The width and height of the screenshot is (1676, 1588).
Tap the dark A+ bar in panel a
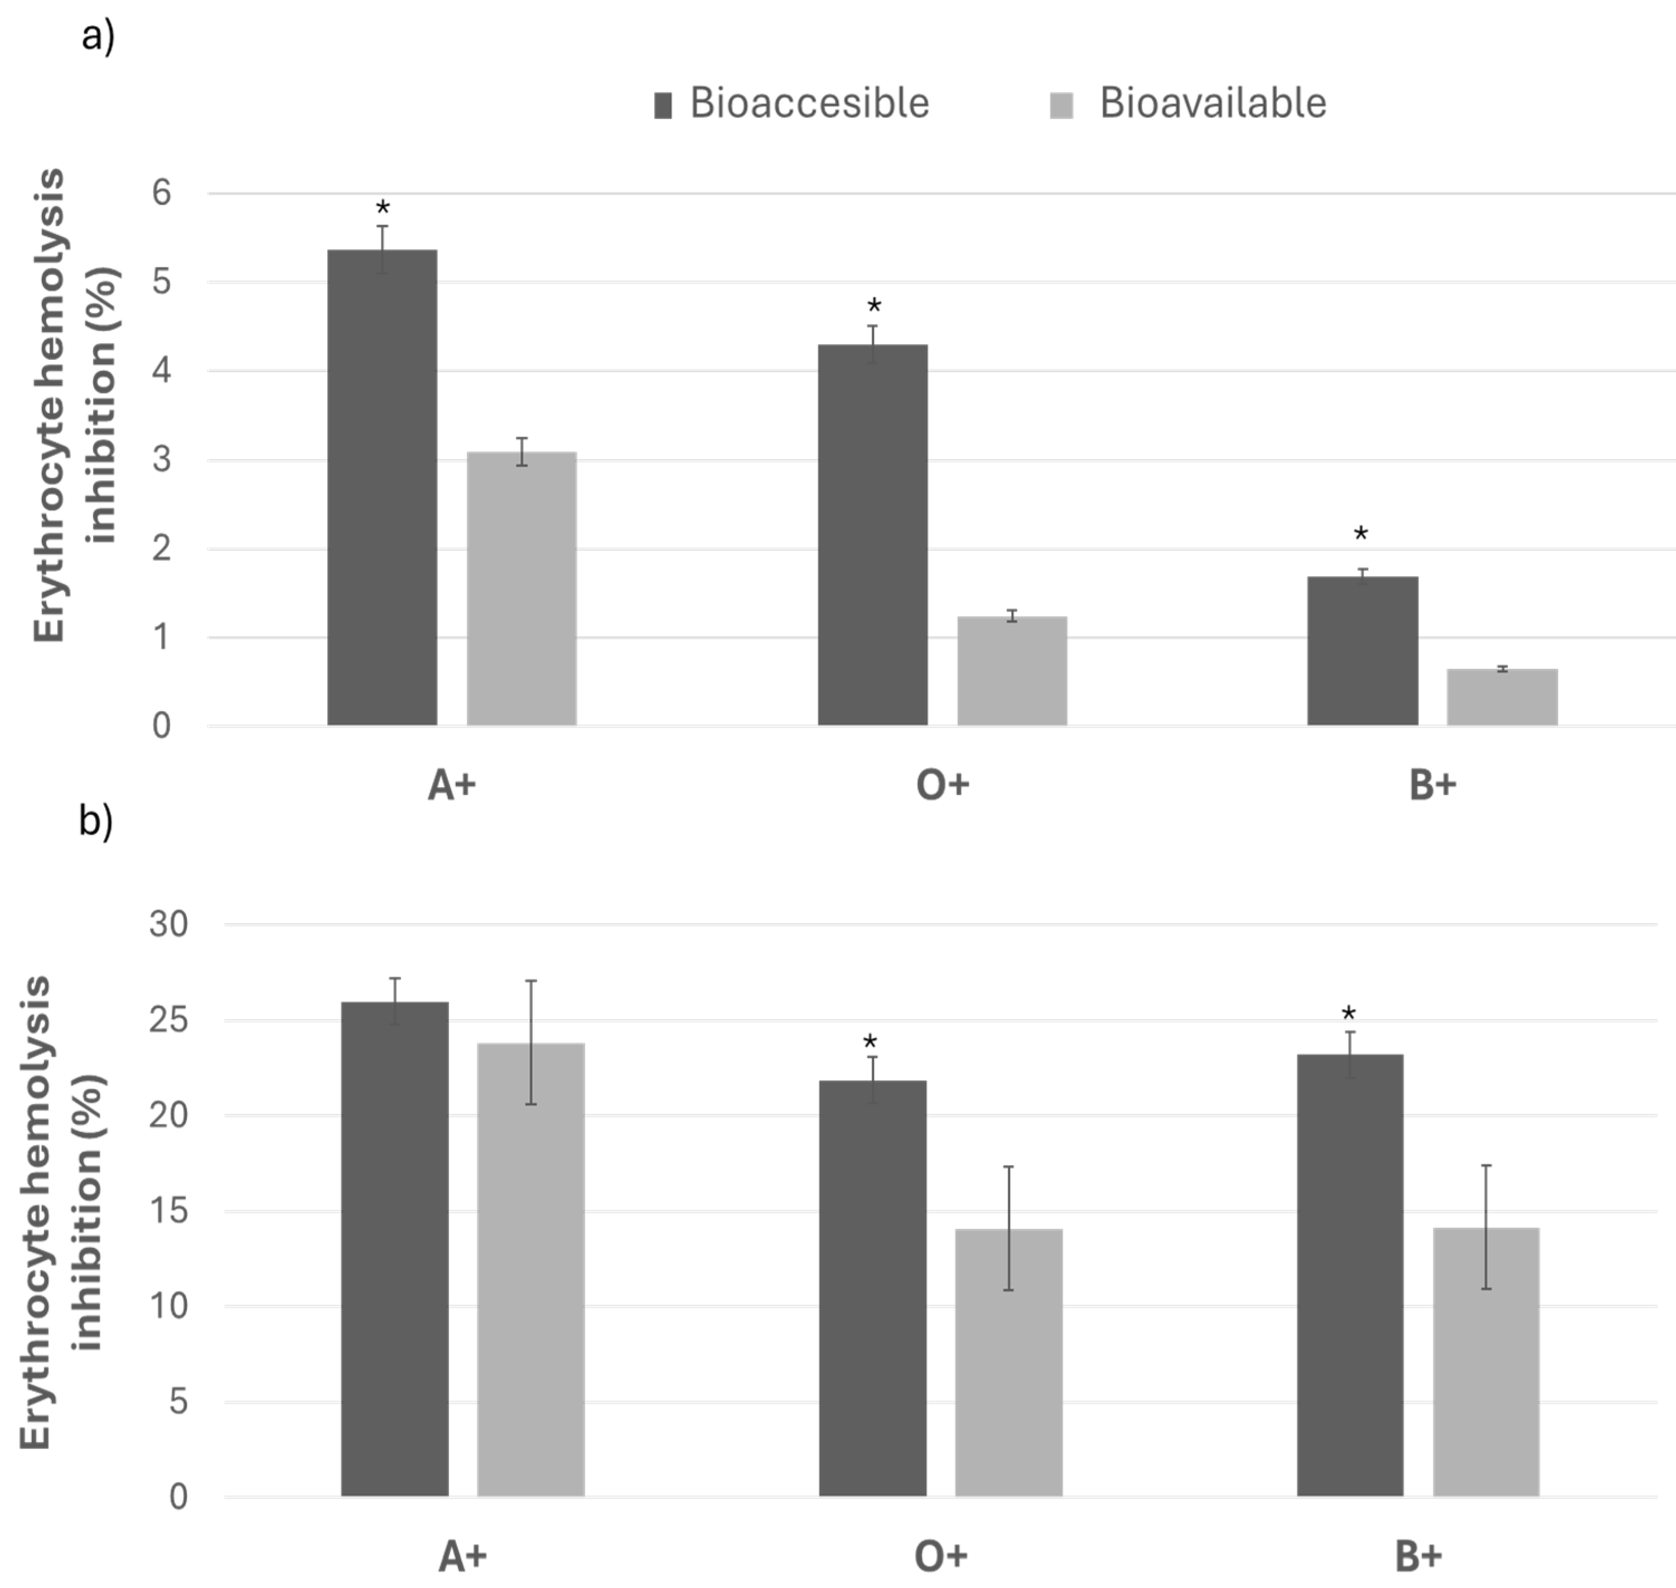383,487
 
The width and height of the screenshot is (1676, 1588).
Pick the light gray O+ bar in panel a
1012,671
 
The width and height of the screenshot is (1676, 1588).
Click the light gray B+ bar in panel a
1503,697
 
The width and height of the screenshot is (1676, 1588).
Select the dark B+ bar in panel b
1350,1276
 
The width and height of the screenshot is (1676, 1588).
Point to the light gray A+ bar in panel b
531,1270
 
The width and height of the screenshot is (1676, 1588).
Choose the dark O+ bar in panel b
873,1288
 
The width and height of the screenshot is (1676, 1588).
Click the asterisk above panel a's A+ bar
383,208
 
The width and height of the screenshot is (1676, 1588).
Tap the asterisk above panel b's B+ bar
1349,1014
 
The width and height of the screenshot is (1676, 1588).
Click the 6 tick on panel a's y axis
162,193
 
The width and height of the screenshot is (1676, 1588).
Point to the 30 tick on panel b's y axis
168,924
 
